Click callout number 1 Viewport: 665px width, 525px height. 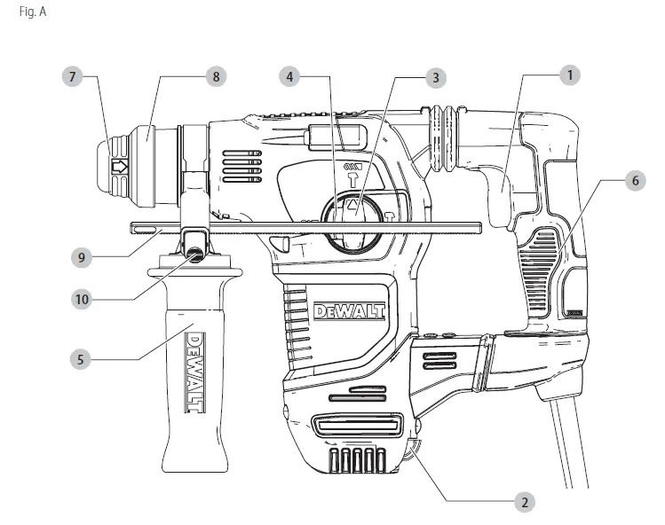click(x=568, y=76)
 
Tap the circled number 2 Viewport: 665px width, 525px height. click(x=526, y=502)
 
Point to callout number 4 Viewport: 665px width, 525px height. click(x=290, y=77)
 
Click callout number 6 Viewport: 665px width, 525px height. click(x=634, y=180)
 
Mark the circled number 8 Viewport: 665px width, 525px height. click(x=214, y=77)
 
